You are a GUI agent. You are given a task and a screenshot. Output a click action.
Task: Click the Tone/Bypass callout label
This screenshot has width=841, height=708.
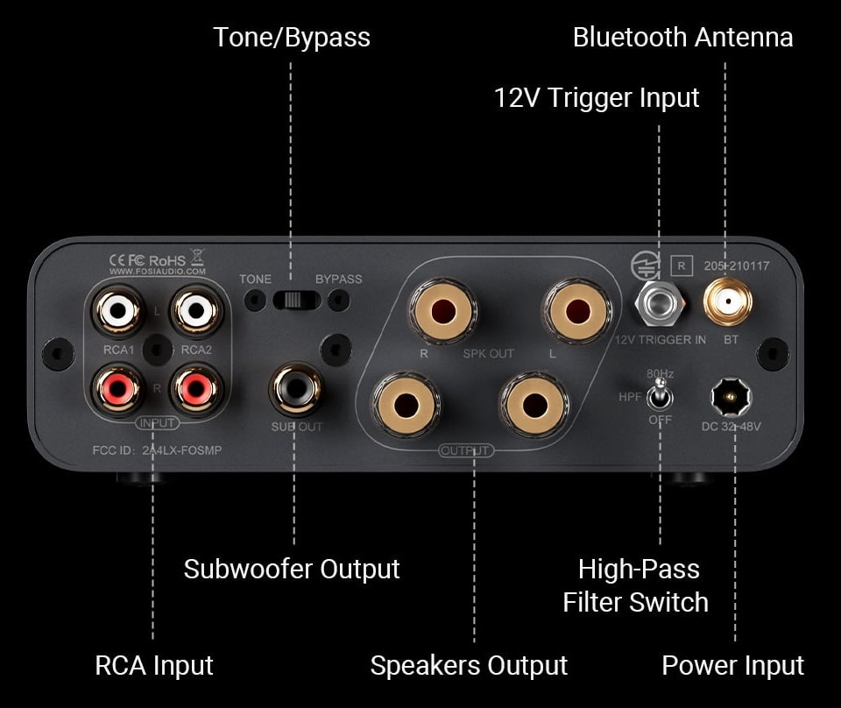coord(292,38)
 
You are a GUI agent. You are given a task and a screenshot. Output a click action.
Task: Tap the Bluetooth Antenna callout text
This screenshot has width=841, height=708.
coord(682,38)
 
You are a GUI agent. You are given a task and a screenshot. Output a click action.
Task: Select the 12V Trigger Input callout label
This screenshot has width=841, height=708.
coord(597,97)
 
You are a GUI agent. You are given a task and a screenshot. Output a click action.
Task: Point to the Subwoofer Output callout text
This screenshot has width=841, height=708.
coord(292,569)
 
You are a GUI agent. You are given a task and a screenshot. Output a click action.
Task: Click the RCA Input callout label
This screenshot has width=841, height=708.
coord(153,665)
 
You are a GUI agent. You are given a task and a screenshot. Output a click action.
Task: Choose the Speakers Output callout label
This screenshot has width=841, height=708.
coord(469,665)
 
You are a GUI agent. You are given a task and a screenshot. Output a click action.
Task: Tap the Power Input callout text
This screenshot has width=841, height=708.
coord(732,665)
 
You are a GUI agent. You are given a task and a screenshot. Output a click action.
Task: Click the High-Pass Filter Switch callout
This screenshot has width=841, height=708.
coord(636,585)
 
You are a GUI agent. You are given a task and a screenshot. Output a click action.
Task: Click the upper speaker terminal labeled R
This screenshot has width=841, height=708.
coord(442,310)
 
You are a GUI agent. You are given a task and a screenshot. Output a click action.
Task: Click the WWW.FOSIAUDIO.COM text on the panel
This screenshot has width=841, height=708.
coord(159,272)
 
